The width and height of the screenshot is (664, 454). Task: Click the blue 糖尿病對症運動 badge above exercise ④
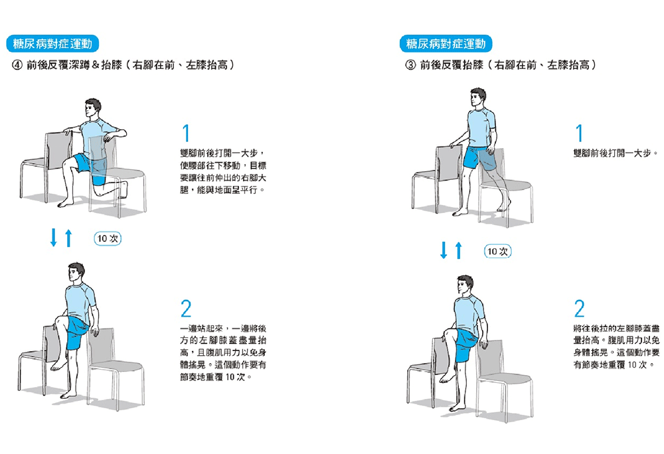[x=52, y=44]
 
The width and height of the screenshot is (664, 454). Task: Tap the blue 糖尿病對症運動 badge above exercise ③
[x=446, y=44]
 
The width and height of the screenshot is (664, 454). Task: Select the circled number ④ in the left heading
[x=17, y=65]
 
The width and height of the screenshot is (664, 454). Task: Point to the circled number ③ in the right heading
[x=410, y=65]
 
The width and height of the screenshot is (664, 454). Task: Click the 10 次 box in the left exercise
[x=108, y=239]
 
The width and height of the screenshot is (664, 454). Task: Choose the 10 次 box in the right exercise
[x=497, y=252]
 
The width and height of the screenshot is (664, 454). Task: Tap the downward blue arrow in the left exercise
[x=53, y=238]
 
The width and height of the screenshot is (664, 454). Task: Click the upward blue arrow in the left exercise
[x=68, y=238]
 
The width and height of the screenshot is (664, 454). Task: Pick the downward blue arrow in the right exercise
[x=444, y=250]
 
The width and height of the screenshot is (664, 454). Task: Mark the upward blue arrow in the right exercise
[x=459, y=250]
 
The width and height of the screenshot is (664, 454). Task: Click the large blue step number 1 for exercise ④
[x=186, y=133]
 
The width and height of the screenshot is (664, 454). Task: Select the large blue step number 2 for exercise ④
[x=186, y=309]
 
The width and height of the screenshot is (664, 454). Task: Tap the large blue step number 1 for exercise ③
[x=579, y=133]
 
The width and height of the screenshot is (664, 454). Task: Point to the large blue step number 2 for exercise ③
[x=579, y=309]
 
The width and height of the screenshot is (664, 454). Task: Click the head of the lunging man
[x=92, y=108]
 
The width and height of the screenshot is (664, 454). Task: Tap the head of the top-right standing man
[x=477, y=98]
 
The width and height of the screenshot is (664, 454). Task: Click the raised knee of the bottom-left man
[x=60, y=319]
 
